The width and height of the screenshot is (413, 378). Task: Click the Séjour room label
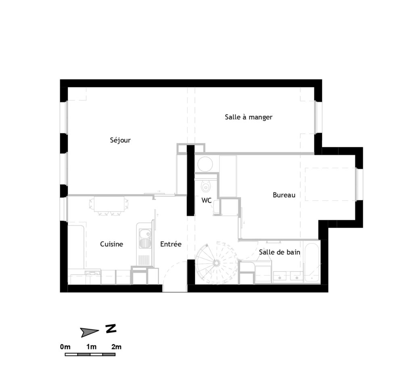point(120,140)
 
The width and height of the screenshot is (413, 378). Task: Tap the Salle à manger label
point(248,117)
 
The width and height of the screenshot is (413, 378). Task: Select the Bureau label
point(284,195)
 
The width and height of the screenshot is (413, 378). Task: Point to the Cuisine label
point(111,244)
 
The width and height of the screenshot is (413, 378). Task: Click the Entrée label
point(171,244)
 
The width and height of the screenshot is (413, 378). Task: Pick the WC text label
point(206,200)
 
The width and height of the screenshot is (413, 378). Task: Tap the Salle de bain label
point(279,252)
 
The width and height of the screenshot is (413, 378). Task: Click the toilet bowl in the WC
point(206,186)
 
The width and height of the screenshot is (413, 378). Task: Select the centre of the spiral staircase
point(217,262)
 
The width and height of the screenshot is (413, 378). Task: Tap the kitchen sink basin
point(144,234)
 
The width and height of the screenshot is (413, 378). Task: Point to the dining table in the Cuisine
point(109,204)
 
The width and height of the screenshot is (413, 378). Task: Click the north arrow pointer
point(90,332)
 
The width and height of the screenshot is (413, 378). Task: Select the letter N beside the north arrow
point(111,329)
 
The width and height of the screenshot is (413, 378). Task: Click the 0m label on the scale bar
point(65,347)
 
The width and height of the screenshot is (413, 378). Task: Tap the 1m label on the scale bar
point(91,347)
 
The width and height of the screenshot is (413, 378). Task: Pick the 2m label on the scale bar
point(116,347)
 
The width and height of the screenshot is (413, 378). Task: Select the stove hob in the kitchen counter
point(92,272)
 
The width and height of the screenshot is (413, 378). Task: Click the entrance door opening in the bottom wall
point(175,288)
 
